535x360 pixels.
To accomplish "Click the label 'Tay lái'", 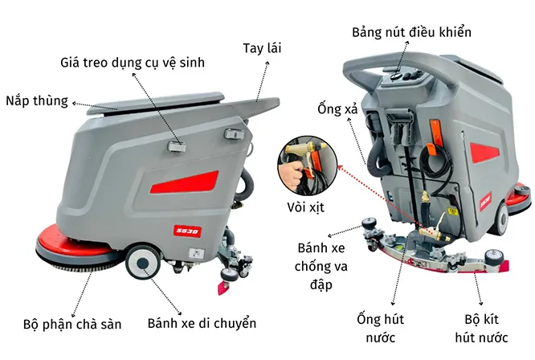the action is click(262, 48).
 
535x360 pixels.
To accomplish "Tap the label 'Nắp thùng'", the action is click(37, 101).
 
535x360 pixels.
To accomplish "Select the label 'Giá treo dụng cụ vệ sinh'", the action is click(133, 63).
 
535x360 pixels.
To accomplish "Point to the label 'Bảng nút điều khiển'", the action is click(411, 32).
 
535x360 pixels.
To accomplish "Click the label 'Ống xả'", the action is click(337, 108).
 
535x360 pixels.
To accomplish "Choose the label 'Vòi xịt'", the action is click(305, 207).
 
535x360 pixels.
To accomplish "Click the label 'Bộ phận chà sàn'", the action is click(72, 324).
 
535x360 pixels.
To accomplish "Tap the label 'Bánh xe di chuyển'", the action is click(202, 323).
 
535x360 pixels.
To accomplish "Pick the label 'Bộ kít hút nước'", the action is click(481, 329).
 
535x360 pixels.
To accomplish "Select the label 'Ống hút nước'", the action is click(381, 329).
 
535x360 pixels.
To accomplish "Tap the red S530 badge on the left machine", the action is click(187, 231).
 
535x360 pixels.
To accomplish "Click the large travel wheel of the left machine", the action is click(143, 261).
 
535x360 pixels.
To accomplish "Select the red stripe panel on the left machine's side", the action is click(185, 182).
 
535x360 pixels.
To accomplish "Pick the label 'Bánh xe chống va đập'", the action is click(321, 266).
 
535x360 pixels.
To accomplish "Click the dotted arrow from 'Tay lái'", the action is click(263, 81).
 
